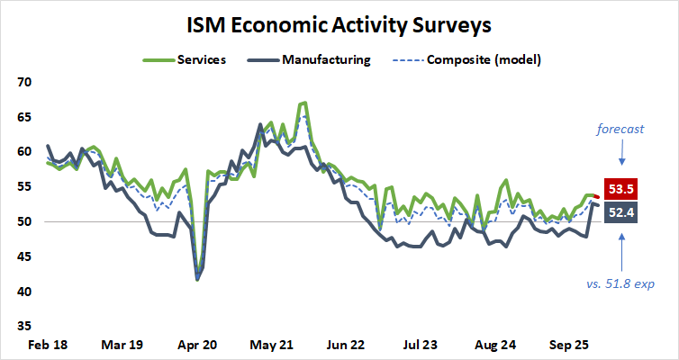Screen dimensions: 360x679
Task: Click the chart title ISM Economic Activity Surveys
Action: (339, 24)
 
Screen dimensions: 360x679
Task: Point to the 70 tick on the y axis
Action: (24, 82)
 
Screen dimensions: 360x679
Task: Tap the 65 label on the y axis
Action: (24, 117)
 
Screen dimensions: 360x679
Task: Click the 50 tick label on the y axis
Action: (24, 222)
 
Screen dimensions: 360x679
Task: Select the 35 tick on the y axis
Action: (24, 327)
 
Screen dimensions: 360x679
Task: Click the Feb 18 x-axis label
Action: (43, 345)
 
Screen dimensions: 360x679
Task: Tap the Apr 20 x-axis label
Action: (197, 345)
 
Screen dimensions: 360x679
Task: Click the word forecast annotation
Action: (621, 129)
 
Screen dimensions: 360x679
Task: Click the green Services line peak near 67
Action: (304, 103)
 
